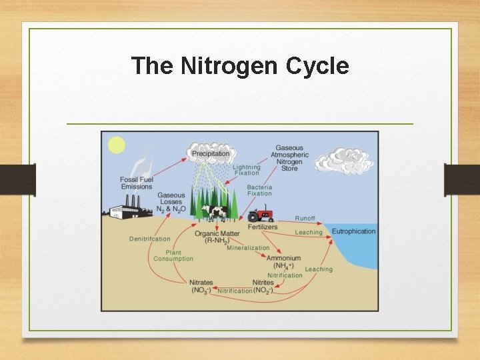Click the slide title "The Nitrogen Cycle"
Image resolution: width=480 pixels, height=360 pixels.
point(240,66)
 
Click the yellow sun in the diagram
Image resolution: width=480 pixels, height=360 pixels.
point(117,145)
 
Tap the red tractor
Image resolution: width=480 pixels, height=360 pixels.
point(261,215)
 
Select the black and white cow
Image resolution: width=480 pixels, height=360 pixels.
point(215,212)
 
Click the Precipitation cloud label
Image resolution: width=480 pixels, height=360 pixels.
point(210,153)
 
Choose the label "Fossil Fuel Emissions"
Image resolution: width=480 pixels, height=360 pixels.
point(137,183)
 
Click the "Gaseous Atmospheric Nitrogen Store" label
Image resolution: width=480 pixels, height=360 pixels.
point(289,158)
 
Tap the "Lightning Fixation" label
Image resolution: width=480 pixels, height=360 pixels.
point(247,170)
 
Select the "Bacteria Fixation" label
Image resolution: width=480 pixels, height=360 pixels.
point(259,191)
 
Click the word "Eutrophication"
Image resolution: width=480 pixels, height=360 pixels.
point(353,231)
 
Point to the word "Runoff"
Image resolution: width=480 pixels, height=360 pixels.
point(305,219)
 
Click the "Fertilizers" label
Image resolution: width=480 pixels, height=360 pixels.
point(263,227)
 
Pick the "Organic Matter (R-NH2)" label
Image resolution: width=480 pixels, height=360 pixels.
point(217,237)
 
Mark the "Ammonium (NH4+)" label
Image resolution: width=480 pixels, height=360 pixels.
point(283,262)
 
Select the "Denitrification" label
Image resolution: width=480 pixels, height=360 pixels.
point(149,239)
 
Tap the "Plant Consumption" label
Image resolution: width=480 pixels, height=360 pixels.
point(173,256)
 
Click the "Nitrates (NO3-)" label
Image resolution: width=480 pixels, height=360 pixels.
point(201,287)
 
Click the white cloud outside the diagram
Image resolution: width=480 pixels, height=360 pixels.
point(343,161)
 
